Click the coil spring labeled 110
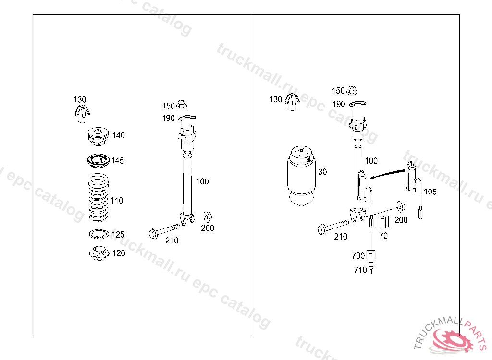(x=99, y=198)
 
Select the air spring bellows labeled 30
(x=301, y=176)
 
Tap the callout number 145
(x=118, y=160)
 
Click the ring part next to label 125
(x=98, y=234)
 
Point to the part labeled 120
(x=99, y=253)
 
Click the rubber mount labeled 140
(x=98, y=136)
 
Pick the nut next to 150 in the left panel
(x=182, y=105)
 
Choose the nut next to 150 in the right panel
(x=352, y=90)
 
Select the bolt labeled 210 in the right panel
(x=333, y=227)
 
